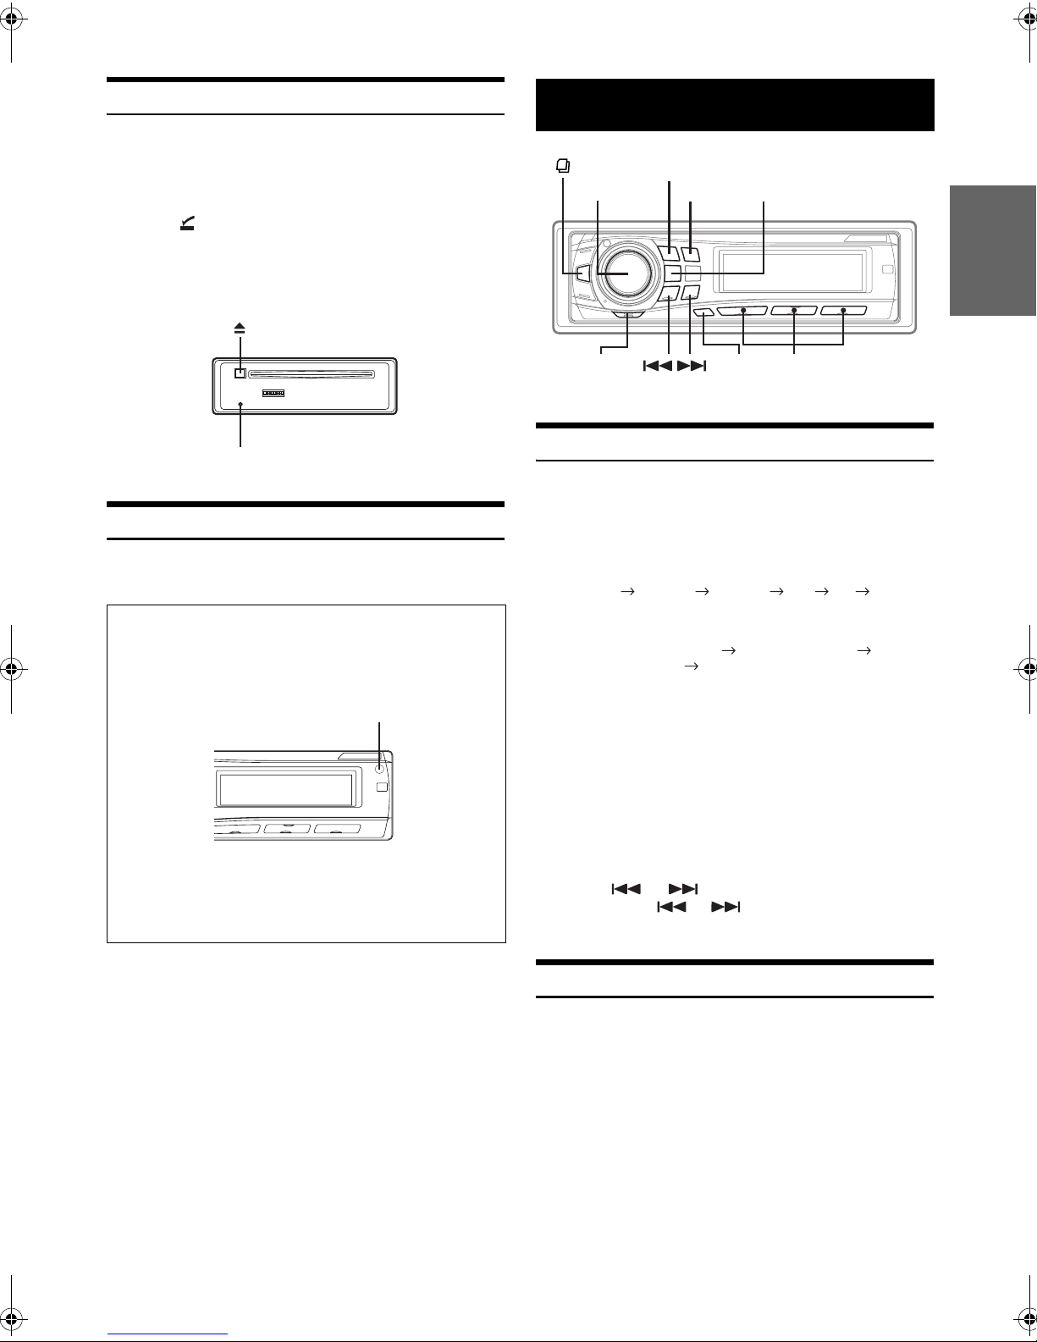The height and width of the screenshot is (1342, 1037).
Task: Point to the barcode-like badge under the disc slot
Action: pyautogui.click(x=273, y=393)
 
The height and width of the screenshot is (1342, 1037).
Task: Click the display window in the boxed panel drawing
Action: pyautogui.click(x=285, y=789)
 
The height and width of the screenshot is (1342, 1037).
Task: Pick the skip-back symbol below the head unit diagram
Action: pyautogui.click(x=658, y=367)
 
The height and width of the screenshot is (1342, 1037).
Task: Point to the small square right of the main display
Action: pyautogui.click(x=885, y=269)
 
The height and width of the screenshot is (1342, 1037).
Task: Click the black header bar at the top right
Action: pyautogui.click(x=735, y=105)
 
